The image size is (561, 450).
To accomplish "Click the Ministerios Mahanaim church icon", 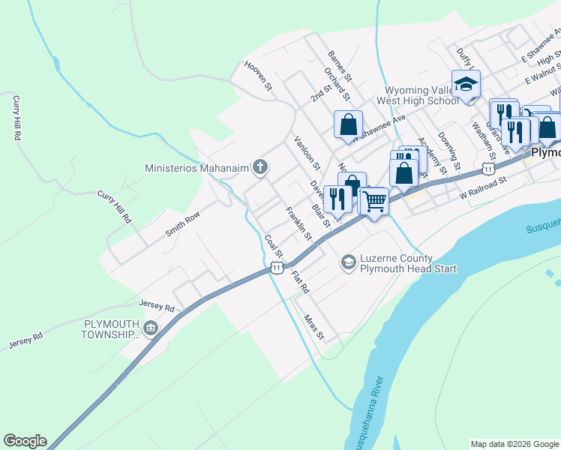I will click(259, 166).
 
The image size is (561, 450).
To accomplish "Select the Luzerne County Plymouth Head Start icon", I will click(348, 262).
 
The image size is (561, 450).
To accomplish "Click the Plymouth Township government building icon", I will click(151, 328).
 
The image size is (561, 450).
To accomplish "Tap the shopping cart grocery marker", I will click(374, 199).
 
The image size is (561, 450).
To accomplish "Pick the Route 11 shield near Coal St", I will click(277, 268).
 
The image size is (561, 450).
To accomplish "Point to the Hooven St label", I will click(258, 76).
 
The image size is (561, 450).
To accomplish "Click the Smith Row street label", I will click(182, 223).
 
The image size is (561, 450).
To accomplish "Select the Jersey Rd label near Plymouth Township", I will click(157, 307).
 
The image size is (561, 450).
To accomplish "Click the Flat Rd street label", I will click(300, 281).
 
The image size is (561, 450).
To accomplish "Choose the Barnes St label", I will click(339, 66).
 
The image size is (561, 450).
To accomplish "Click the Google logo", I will click(25, 441).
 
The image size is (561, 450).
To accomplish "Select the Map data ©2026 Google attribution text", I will click(514, 444).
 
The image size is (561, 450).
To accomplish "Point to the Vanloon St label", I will click(307, 152).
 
